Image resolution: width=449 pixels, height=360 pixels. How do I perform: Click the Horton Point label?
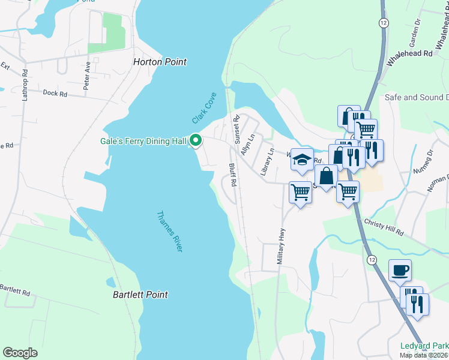[159, 62]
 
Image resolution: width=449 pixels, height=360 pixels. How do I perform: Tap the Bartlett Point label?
[140, 295]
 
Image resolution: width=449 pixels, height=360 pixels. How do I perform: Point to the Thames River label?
[169, 231]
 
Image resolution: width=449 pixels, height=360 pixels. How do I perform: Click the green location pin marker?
[195, 140]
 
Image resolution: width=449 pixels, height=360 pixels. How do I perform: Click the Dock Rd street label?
[56, 93]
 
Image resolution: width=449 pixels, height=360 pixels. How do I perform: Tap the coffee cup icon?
[400, 270]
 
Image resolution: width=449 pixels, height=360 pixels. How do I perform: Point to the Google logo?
[20, 353]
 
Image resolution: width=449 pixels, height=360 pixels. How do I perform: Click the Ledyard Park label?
[424, 346]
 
